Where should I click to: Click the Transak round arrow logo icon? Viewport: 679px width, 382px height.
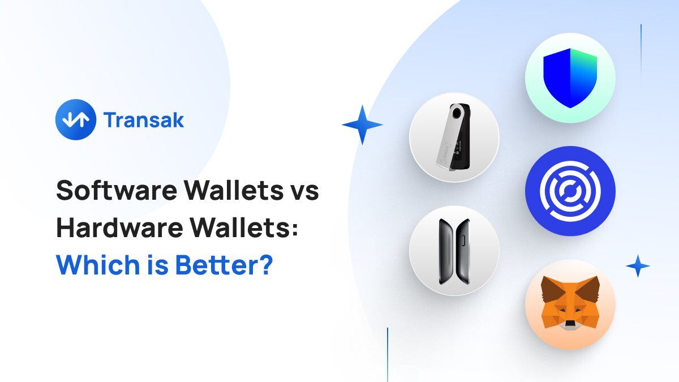coord(76,119)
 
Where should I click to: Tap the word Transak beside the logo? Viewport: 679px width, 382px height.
coord(144,120)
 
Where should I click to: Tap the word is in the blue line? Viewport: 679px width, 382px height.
coord(144,264)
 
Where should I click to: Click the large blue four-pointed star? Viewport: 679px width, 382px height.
coord(363,125)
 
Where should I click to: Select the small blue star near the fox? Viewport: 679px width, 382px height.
coord(638,266)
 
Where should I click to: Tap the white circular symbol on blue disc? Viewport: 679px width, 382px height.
coord(570,191)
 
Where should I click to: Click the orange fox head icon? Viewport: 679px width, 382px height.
coord(570,304)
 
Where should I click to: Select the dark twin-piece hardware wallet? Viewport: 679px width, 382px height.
coord(454,250)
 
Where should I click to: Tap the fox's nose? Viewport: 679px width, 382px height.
coord(570,324)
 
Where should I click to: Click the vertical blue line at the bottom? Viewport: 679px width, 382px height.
coord(388,354)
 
